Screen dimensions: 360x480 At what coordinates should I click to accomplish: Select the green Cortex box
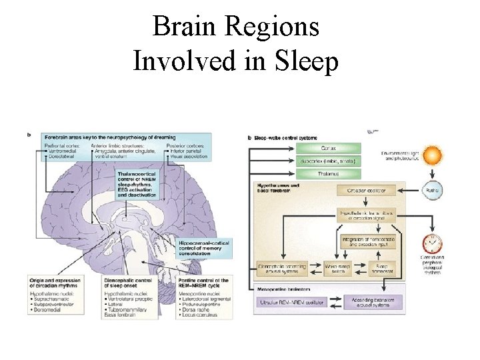pos(328,147)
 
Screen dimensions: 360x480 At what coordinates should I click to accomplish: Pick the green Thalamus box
pos(328,174)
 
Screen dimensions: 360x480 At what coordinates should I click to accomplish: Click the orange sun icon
pos(433,157)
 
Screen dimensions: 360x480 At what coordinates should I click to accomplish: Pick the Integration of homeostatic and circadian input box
pos(369,241)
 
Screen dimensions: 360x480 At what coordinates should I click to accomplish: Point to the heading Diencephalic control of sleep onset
pos(128,283)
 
